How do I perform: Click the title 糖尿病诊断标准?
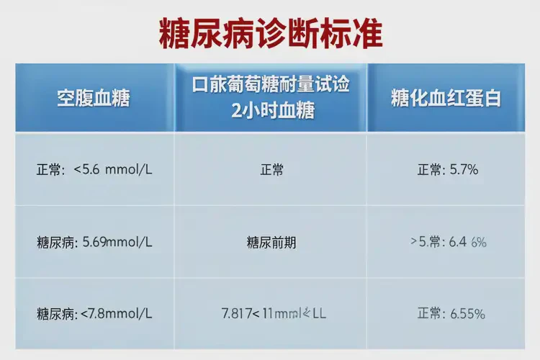click(x=270, y=33)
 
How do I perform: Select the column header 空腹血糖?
click(x=94, y=99)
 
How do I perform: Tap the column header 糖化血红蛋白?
click(x=446, y=99)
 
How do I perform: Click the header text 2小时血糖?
click(x=271, y=110)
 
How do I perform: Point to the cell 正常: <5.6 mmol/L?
click(x=94, y=171)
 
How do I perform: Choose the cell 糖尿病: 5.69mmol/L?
click(x=94, y=243)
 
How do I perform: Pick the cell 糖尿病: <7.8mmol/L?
click(x=94, y=314)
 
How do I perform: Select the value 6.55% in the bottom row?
click(x=468, y=314)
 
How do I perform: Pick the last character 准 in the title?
click(x=366, y=33)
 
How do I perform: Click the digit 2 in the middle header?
click(x=229, y=110)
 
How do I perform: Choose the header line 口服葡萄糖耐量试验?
click(x=271, y=86)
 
